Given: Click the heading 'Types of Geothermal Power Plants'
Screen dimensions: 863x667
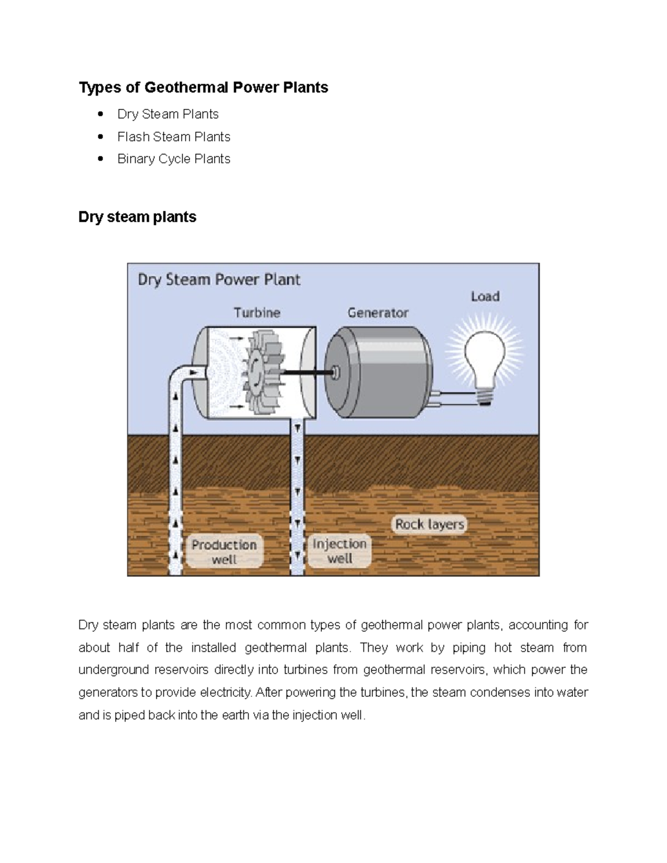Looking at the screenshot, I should coord(203,88).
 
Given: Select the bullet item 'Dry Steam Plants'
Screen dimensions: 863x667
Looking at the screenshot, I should coord(168,114).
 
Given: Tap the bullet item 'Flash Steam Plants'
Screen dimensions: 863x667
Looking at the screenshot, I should coord(173,137).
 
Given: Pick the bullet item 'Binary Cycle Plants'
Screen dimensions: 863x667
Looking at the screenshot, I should coord(173,159).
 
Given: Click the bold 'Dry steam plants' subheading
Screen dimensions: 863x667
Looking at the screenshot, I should coord(137,217).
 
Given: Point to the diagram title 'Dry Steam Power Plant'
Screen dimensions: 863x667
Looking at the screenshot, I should coord(219,280).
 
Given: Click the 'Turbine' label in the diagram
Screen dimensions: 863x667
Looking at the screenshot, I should coord(257,313).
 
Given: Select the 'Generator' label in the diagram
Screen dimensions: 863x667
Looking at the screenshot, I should coord(378,313).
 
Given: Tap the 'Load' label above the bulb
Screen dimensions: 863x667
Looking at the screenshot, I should coord(485,297).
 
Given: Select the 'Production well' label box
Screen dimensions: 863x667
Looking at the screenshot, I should coord(224,551).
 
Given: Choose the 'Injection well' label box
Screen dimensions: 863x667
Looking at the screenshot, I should coord(340,551).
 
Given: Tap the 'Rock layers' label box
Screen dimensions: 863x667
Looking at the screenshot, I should coord(429,524).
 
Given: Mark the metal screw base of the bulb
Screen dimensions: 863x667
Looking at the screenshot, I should coord(486,396).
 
